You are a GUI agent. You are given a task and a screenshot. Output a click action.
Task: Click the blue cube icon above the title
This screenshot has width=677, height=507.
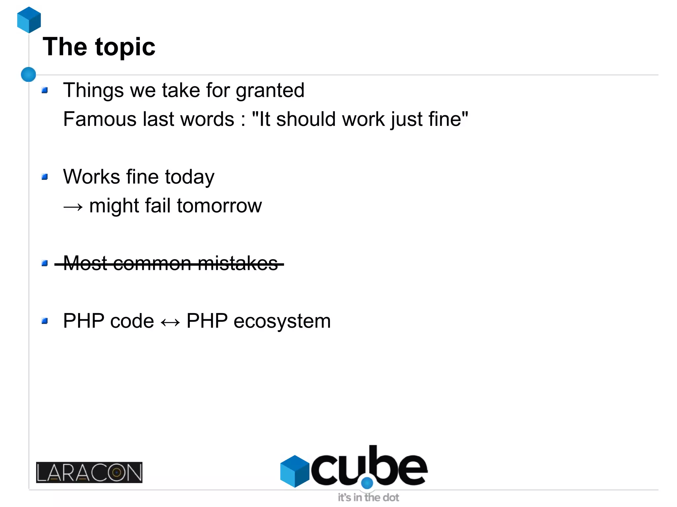tap(29, 20)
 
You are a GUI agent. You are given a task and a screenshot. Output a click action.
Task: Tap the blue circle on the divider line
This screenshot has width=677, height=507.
tap(28, 74)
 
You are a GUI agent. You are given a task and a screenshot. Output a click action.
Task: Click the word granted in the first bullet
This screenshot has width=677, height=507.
tap(270, 91)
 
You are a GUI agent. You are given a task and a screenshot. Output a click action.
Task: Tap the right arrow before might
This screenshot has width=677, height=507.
tap(73, 207)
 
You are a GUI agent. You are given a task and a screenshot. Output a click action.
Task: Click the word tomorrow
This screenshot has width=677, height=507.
tap(219, 206)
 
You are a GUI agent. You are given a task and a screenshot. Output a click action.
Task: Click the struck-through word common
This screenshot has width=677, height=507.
tap(152, 264)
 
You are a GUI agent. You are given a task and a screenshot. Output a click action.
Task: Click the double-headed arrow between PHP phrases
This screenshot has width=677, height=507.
tap(170, 322)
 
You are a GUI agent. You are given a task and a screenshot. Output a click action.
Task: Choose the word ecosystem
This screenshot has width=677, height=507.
tap(282, 321)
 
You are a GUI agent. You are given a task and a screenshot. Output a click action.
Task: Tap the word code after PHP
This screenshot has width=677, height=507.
tap(132, 321)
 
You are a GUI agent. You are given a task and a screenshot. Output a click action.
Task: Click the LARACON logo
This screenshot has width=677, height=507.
tap(89, 472)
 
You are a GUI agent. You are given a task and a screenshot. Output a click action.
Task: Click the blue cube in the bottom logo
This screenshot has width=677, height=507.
tap(295, 471)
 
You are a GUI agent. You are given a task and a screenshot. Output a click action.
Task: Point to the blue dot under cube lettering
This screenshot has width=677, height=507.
tap(367, 483)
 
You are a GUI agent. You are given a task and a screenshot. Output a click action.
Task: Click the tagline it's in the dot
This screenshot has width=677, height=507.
tap(368, 497)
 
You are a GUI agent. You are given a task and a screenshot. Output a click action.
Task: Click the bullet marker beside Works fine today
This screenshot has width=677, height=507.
tap(45, 177)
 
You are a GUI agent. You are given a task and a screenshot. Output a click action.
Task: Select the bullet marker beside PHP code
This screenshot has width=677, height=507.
tap(45, 321)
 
